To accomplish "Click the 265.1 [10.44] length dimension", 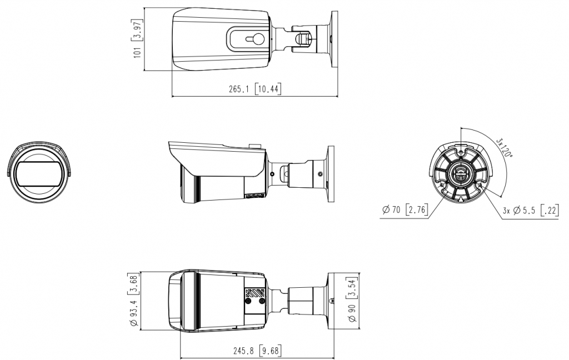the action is pos(254,88).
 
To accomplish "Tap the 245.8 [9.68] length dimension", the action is pos(257,351).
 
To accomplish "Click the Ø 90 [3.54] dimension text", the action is pos(352,300).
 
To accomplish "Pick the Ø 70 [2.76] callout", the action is pos(405,209).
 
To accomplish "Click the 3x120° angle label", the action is pos(505,147).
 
